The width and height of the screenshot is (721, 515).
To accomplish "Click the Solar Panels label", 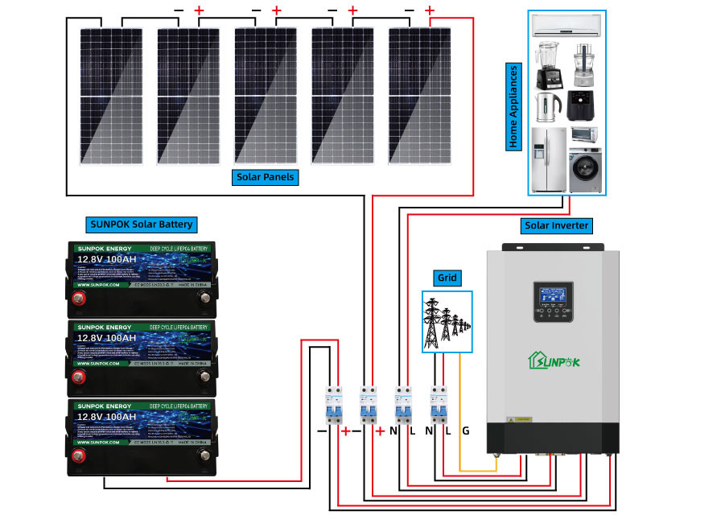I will click(x=266, y=176).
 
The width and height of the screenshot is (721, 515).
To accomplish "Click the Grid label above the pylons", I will click(x=447, y=278).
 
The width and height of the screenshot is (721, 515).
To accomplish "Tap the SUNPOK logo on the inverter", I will click(x=553, y=360).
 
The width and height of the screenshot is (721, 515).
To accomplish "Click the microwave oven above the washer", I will click(x=584, y=134).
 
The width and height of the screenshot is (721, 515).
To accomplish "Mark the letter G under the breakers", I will click(x=465, y=431).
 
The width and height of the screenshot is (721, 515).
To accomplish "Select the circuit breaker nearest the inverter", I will click(x=439, y=405).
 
